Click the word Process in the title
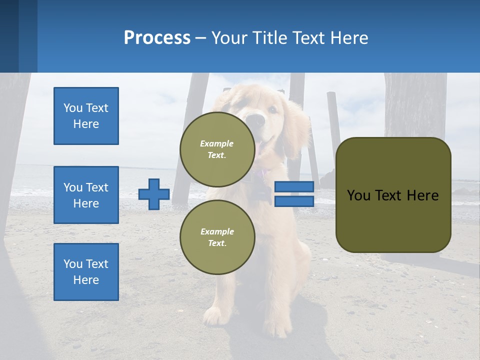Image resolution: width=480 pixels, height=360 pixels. (157, 38)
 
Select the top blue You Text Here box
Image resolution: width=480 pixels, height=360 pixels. (86, 116)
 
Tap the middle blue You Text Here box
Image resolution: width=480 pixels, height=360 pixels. (86, 195)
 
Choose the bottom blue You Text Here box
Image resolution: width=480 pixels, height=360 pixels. (86, 271)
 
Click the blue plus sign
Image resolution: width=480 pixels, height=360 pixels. (154, 194)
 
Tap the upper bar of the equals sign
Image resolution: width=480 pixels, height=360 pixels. (294, 186)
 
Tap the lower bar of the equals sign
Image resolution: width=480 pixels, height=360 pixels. (294, 201)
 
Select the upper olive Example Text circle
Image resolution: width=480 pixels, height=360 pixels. (217, 149)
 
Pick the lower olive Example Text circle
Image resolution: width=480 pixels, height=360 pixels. (217, 237)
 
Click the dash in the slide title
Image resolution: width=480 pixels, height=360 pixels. (200, 38)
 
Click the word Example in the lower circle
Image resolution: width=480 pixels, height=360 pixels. (217, 231)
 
